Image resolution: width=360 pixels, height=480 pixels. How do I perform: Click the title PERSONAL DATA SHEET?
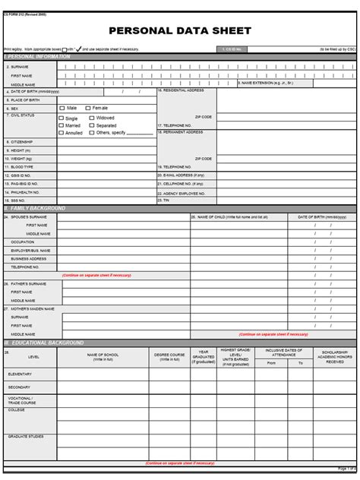(x=179, y=31)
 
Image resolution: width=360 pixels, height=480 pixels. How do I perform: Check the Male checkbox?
(x=61, y=108)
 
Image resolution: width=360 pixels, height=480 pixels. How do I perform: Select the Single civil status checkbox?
(x=61, y=118)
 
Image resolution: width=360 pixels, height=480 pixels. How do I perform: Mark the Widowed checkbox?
(x=91, y=118)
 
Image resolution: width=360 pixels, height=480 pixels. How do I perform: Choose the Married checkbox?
(x=61, y=125)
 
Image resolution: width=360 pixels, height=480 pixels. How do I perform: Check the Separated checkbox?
(x=91, y=125)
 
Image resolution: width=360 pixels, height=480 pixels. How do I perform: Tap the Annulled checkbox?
(x=61, y=133)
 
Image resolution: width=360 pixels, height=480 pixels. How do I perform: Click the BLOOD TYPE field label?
(x=22, y=166)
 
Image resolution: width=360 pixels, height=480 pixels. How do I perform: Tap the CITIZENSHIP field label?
(x=22, y=142)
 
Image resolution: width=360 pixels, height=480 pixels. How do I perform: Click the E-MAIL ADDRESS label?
(x=182, y=175)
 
